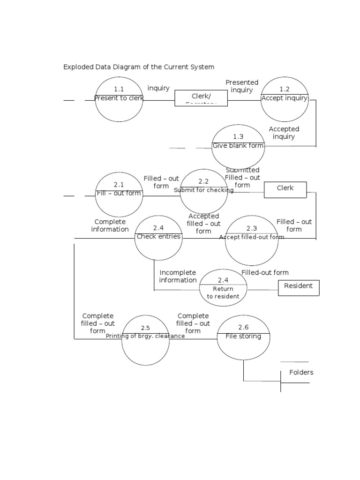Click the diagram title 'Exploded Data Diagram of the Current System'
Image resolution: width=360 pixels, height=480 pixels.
coord(139,67)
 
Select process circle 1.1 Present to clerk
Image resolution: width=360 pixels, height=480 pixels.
coord(119,99)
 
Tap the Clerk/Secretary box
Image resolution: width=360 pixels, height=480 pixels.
coord(201,98)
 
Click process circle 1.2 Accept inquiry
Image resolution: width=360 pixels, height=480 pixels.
coord(285,99)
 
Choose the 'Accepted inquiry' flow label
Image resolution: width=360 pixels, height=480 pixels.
coord(284,133)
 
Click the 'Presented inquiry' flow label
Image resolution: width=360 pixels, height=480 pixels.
coord(242,86)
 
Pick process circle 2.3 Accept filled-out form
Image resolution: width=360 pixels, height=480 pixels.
coord(252,240)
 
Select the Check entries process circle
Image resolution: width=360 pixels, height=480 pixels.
coord(158,238)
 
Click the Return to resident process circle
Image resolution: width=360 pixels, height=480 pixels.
coord(223,287)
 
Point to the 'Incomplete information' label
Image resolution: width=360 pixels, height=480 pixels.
coord(178,276)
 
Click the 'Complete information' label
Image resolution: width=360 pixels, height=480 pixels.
coord(110,225)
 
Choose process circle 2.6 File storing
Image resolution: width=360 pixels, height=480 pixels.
coord(243,337)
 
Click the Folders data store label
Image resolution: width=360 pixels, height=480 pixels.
coord(301,373)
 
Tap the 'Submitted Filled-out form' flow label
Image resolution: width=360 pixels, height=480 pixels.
coord(242,177)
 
